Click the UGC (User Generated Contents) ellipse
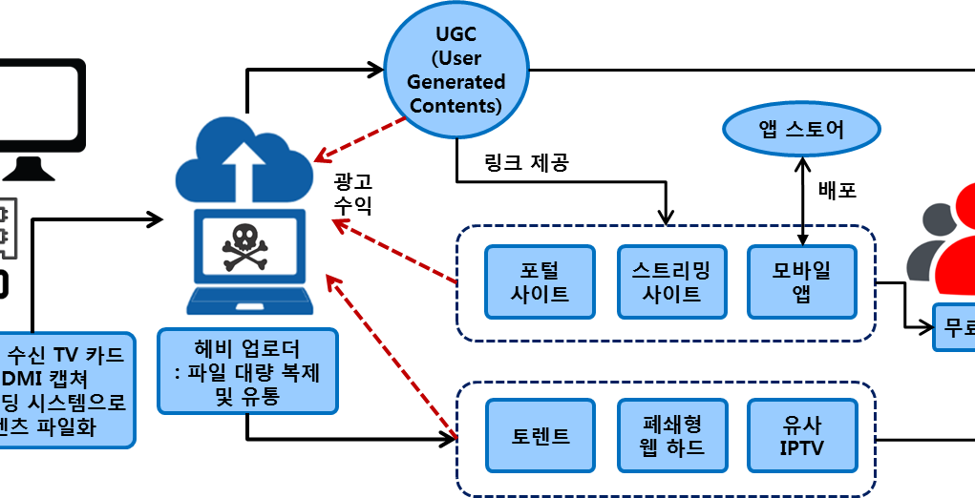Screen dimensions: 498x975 (456, 70)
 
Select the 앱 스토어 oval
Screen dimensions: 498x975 (801, 129)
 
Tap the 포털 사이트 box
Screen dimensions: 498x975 (540, 281)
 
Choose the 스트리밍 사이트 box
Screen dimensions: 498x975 (671, 281)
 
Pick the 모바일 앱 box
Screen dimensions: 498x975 (801, 281)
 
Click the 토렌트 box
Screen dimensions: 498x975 (540, 436)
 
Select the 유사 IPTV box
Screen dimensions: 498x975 (801, 436)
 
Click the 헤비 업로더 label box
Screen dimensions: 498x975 (247, 371)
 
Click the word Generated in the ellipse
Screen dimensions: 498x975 (456, 82)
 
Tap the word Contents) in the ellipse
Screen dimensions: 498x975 (456, 105)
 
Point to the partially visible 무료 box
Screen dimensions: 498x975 (954, 327)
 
